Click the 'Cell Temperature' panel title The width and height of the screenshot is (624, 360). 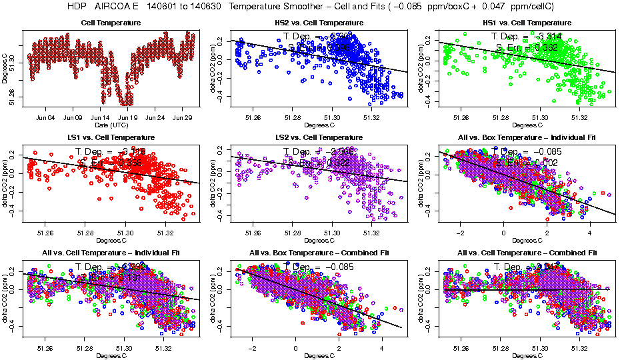point(111,23)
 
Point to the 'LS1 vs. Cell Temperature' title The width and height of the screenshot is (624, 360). point(111,138)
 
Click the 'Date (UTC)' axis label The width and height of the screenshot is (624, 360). point(111,125)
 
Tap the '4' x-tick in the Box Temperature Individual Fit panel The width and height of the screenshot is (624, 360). point(590,233)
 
